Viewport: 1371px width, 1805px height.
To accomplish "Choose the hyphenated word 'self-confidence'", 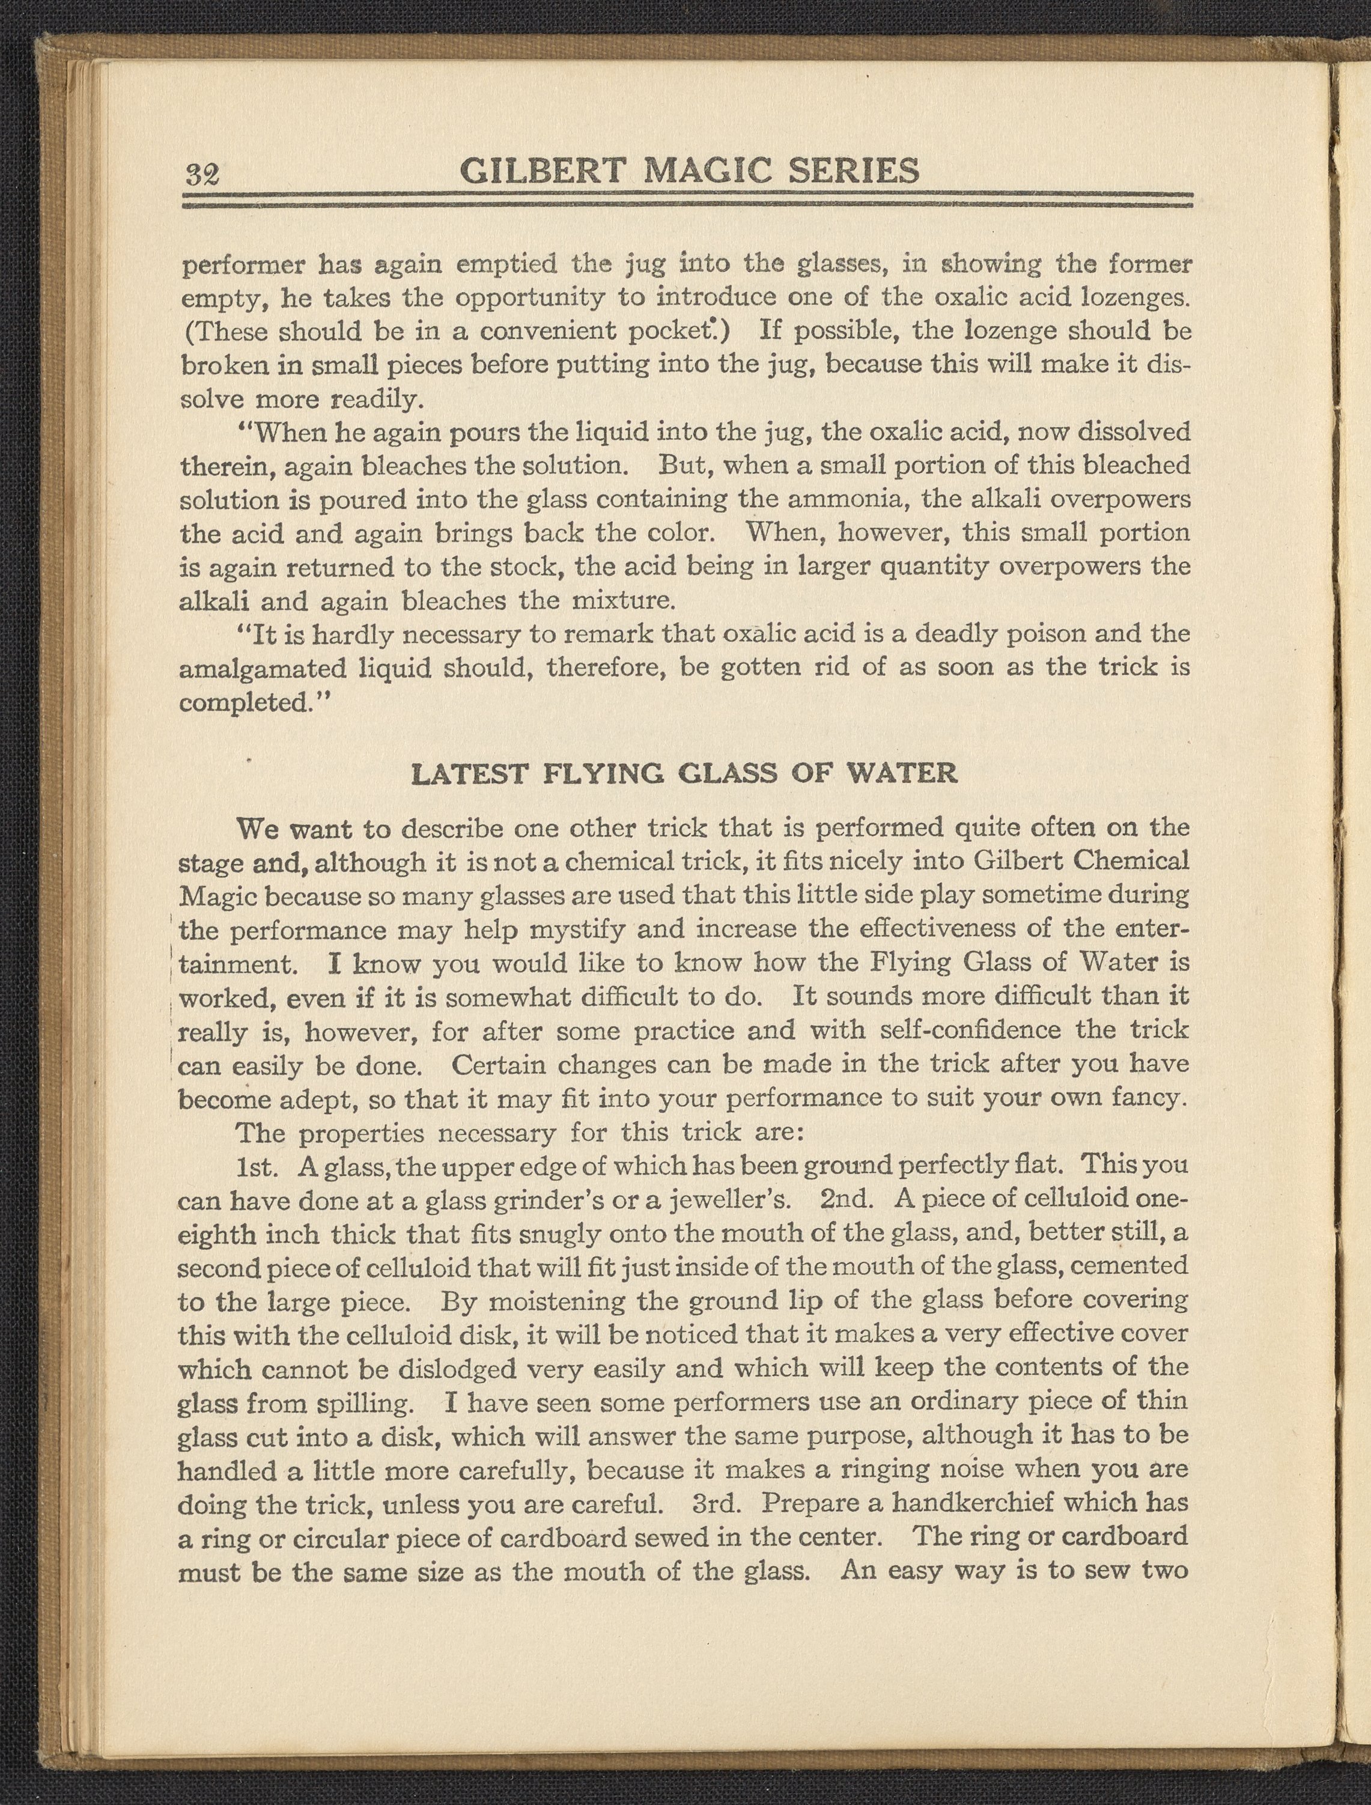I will click(x=971, y=1030).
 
